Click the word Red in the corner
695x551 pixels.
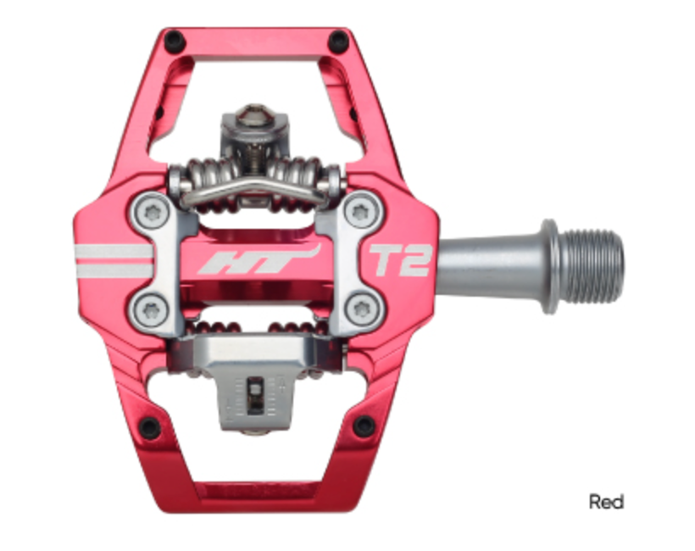[606, 502]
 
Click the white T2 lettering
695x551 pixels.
[398, 261]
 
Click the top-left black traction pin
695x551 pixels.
[173, 39]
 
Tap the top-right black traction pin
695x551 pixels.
[337, 40]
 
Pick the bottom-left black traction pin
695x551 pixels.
[149, 426]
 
